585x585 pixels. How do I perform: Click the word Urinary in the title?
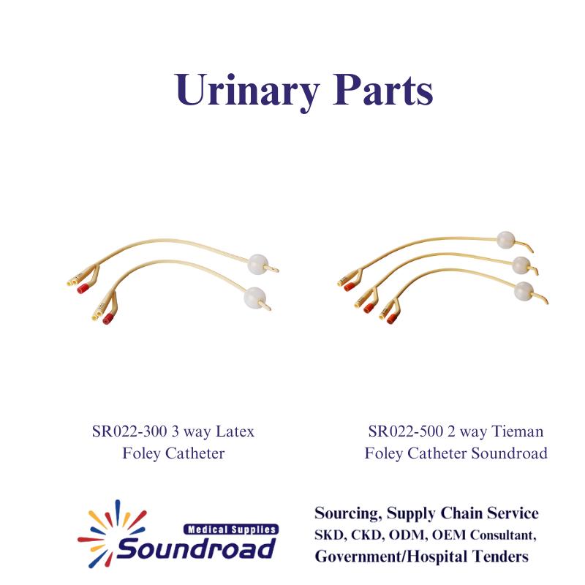coord(246,91)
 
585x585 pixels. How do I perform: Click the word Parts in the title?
coord(383,89)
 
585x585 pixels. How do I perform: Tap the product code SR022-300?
coord(129,431)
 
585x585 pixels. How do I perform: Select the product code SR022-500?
coord(406,431)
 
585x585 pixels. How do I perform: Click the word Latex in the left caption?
coord(235,431)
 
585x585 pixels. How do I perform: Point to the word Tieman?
coord(518,431)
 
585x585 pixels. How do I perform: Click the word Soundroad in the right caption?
coord(509,453)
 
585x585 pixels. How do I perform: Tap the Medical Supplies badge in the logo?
coord(231,529)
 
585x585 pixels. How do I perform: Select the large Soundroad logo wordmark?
coord(197,548)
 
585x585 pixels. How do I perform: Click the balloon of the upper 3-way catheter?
coord(258,263)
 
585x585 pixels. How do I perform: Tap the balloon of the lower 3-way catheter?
coord(254,298)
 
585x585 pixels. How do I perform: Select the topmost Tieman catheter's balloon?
coord(505,240)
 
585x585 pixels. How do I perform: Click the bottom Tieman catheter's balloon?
coord(524,291)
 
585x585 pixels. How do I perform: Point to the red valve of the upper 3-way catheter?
coord(83,288)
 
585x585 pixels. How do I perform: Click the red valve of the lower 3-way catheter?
coord(108,318)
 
